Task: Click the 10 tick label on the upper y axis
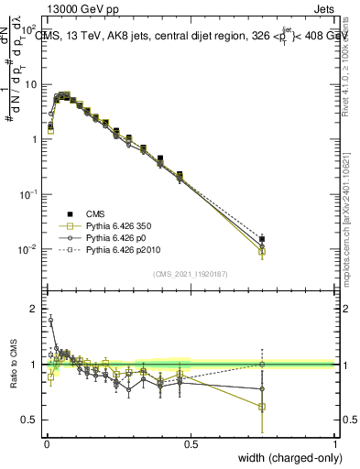(x=30, y=84)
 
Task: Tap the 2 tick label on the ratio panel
(x=34, y=309)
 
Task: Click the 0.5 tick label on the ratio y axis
(x=29, y=420)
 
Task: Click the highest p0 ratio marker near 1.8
(x=49, y=320)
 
